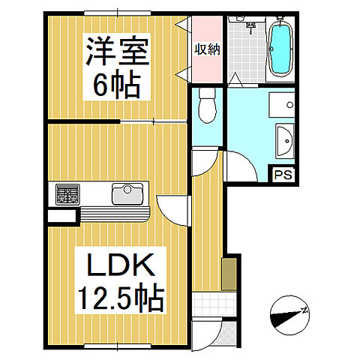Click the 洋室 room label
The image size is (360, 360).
[116, 55]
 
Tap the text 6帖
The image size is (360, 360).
[116, 86]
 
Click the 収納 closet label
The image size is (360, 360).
[207, 50]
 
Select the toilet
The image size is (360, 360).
[207, 106]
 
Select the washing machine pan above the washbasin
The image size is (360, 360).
[282, 106]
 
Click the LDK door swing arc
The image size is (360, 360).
[171, 210]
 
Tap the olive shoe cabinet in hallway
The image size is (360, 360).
[229, 274]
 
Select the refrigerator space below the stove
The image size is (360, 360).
[61, 215]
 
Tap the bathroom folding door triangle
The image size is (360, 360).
[235, 78]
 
